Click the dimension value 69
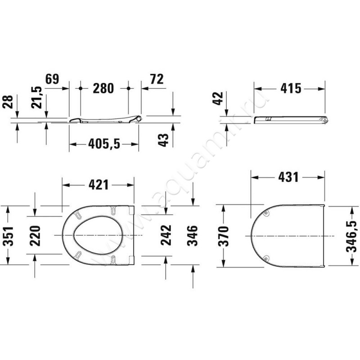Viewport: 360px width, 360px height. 52,79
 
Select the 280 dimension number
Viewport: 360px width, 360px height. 103,88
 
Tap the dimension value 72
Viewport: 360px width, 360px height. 156,79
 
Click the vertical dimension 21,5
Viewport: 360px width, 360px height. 38,97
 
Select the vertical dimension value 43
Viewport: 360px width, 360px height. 165,139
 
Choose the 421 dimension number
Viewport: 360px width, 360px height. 98,184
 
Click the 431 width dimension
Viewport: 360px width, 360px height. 288,177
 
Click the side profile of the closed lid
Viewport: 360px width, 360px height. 290,119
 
